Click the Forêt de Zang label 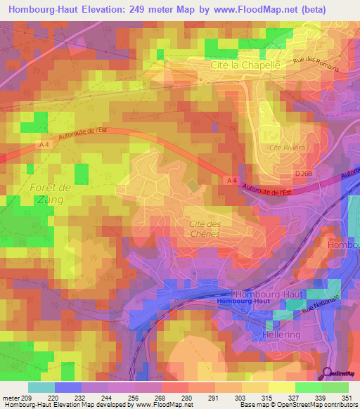[51, 193]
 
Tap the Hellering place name [281, 335]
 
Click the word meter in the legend [11, 398]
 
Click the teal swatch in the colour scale [41, 387]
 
